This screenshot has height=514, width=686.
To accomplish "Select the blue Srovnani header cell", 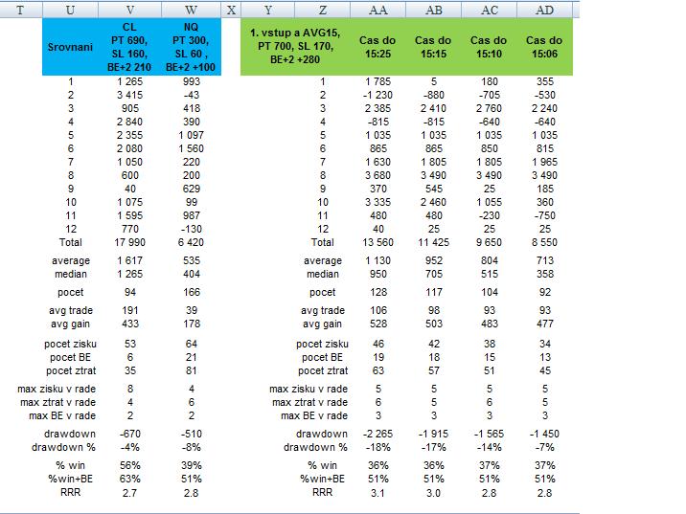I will click(72, 47).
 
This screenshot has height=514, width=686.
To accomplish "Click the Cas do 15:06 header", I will click(544, 47).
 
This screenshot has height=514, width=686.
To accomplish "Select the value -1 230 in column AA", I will click(377, 96).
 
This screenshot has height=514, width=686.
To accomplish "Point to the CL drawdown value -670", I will click(134, 434).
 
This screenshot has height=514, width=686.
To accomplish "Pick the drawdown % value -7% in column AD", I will click(544, 447).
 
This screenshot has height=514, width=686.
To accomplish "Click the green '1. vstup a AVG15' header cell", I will click(295, 47).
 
